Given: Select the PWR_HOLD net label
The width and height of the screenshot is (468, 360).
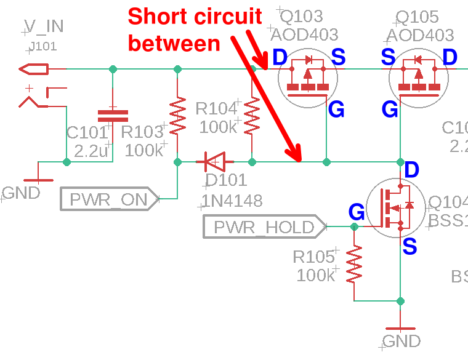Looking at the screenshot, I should pyautogui.click(x=264, y=227).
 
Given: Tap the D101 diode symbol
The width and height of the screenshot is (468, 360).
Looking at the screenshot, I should pyautogui.click(x=214, y=162).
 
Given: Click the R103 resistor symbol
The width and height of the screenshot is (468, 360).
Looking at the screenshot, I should pyautogui.click(x=177, y=116).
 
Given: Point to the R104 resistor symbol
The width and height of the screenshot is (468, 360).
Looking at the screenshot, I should pyautogui.click(x=252, y=116).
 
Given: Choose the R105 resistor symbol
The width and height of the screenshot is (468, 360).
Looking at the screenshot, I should pyautogui.click(x=354, y=264).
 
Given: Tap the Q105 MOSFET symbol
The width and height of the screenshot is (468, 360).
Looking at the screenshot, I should pyautogui.click(x=419, y=79).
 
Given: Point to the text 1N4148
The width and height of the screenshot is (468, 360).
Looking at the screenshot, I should pyautogui.click(x=233, y=201).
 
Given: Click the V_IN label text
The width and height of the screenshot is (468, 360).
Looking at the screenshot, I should pyautogui.click(x=44, y=26).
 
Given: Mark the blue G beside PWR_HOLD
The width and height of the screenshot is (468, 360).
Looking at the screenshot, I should pyautogui.click(x=356, y=212).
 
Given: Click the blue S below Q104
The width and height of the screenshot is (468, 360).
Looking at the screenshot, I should pyautogui.click(x=409, y=247).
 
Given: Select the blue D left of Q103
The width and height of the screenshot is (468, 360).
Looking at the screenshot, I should pyautogui.click(x=280, y=57).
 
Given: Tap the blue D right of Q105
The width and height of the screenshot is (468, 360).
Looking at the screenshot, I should pyautogui.click(x=450, y=57).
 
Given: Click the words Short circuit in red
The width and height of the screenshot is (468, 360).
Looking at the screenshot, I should pyautogui.click(x=195, y=17).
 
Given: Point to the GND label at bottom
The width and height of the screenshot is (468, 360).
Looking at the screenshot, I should pyautogui.click(x=401, y=341).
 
